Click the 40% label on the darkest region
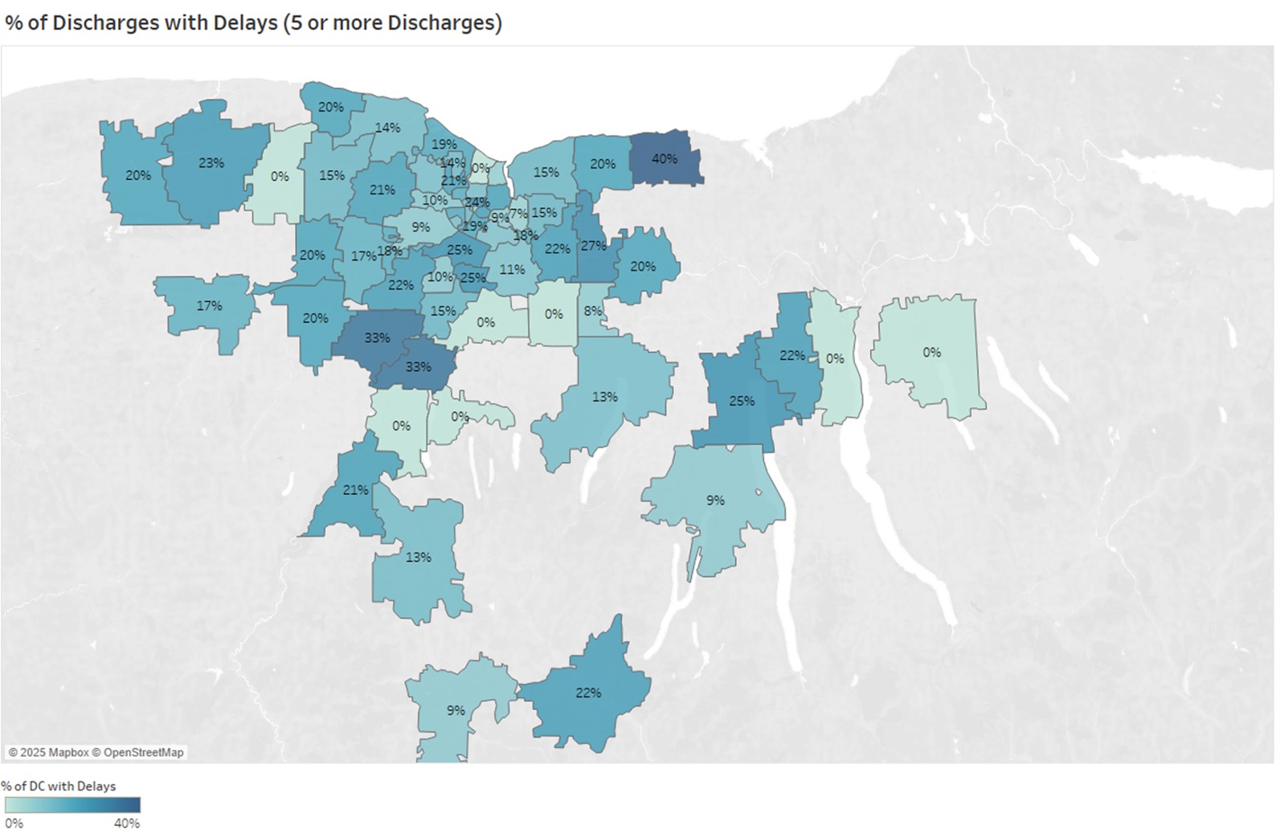click(664, 158)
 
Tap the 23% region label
click(211, 162)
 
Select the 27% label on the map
click(593, 245)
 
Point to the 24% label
click(476, 202)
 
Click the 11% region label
click(512, 269)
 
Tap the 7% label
click(518, 213)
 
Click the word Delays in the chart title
click(245, 22)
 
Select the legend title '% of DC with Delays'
click(59, 786)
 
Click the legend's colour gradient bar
click(72, 804)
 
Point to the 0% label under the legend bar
click(14, 823)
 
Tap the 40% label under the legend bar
click(127, 823)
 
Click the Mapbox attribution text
click(49, 752)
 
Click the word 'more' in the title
click(357, 22)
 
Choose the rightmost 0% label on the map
click(931, 352)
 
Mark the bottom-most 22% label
click(588, 692)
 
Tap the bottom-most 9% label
click(456, 710)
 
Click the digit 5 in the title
click(291, 22)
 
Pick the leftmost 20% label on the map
click(138, 174)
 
